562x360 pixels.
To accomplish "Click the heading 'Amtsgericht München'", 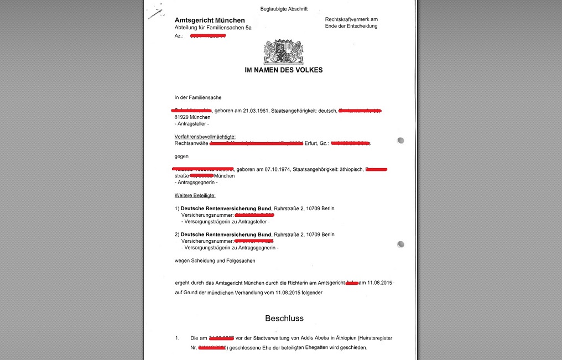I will [210, 20].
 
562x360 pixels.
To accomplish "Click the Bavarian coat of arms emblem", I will [283, 51].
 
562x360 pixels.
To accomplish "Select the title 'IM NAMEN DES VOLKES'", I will [284, 70].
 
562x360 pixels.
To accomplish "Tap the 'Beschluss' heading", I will [284, 319].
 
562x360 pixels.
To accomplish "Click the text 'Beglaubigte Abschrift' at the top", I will [284, 9].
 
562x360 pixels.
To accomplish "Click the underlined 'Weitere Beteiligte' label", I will [195, 196].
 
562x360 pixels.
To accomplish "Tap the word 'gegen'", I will [181, 156].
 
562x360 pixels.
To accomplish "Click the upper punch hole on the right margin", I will [400, 140].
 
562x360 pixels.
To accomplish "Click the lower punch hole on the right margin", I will [400, 244].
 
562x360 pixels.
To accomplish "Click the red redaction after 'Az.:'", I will [207, 36].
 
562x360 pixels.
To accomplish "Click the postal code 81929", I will [182, 118].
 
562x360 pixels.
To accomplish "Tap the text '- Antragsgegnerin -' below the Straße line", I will [196, 182].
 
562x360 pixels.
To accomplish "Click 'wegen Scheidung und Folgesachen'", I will [215, 260].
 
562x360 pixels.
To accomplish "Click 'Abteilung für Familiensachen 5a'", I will [212, 28].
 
